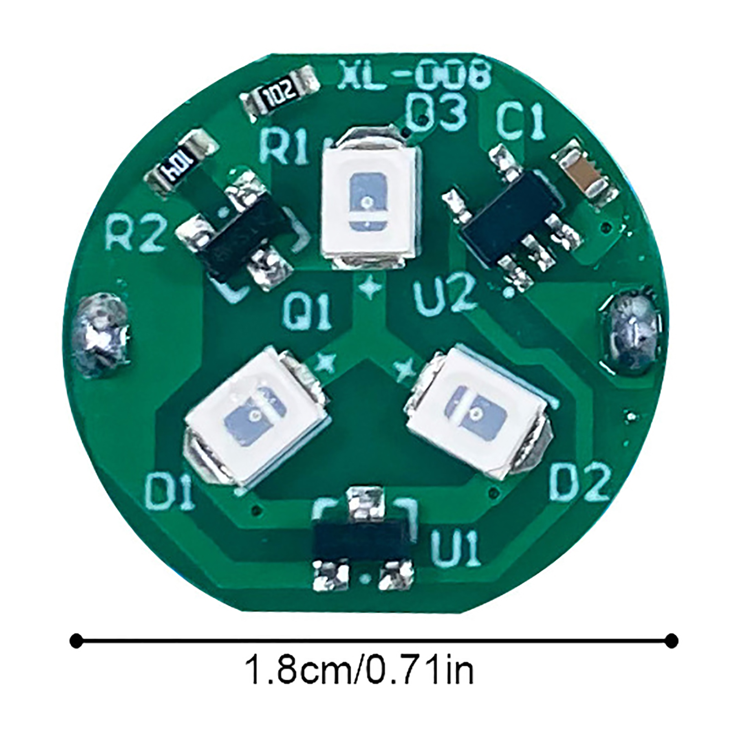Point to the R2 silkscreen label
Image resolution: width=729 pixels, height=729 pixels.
(x=134, y=233)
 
